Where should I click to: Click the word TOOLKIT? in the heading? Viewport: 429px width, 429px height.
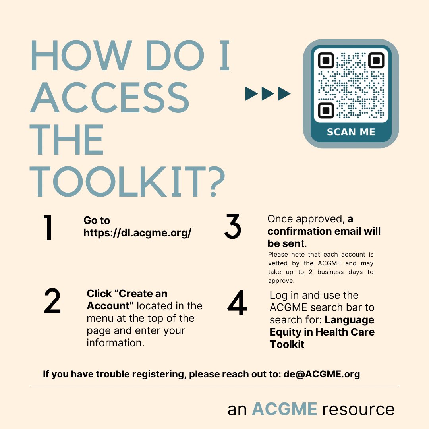[127, 182]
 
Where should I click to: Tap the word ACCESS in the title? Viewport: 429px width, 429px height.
[110, 97]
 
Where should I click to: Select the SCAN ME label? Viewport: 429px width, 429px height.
[351, 132]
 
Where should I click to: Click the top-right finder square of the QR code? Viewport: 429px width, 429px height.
[376, 60]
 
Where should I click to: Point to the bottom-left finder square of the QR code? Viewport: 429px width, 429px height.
[326, 110]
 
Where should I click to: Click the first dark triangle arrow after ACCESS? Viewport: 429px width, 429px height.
[251, 94]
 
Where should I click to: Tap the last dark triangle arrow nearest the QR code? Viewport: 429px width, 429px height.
[284, 94]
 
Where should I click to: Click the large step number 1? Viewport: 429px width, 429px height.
[48, 228]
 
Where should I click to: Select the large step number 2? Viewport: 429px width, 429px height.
[52, 301]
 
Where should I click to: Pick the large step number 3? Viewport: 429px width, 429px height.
[233, 226]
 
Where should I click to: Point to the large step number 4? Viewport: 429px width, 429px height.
[237, 302]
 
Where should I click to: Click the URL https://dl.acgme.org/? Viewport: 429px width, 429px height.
[137, 233]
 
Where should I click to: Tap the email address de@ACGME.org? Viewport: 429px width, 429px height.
[322, 374]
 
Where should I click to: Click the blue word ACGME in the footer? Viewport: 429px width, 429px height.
[284, 409]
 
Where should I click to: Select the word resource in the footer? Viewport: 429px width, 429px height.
[358, 410]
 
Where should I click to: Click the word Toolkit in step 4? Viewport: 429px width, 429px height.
[287, 344]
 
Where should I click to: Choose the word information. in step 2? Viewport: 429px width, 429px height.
[116, 342]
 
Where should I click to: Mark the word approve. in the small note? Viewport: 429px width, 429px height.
[281, 281]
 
